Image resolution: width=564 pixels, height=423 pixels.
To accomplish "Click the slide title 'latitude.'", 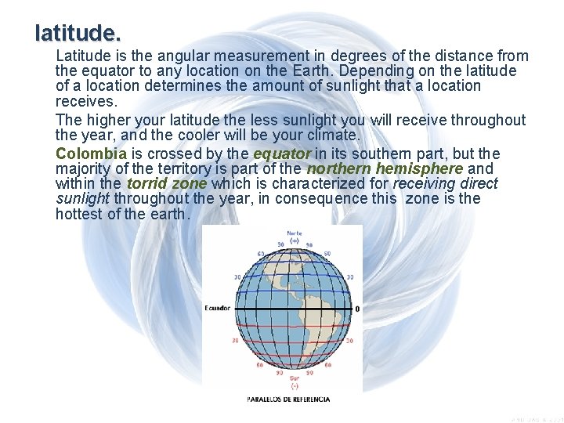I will pyautogui.click(x=78, y=34).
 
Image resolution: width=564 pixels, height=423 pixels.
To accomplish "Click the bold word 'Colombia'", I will pyautogui.click(x=91, y=154).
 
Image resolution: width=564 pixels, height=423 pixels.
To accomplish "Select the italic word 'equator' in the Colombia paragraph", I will pyautogui.click(x=282, y=154).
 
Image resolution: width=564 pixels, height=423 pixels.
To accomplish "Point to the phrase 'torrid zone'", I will pyautogui.click(x=166, y=183).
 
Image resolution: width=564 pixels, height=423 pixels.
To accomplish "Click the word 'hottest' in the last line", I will pyautogui.click(x=78, y=214).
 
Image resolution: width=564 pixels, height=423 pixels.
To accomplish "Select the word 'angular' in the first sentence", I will pyautogui.click(x=185, y=56).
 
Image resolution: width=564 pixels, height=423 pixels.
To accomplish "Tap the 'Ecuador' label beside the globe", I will pyautogui.click(x=218, y=309).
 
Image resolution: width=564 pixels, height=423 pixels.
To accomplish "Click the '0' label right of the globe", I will pyautogui.click(x=357, y=309).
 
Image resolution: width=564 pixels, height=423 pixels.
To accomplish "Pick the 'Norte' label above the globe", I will pyautogui.click(x=294, y=233).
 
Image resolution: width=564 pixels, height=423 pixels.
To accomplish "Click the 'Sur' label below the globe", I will pyautogui.click(x=294, y=378).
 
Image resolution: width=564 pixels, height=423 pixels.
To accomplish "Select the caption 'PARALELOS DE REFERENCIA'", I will pyautogui.click(x=288, y=399).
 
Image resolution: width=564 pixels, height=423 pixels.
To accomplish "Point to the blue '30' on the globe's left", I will pyautogui.click(x=237, y=277).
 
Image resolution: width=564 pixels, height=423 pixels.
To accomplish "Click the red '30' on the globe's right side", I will pyautogui.click(x=349, y=341).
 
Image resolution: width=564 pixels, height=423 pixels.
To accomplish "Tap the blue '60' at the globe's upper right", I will pyautogui.click(x=327, y=254).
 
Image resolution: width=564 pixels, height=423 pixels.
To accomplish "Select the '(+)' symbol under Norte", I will pyautogui.click(x=294, y=241).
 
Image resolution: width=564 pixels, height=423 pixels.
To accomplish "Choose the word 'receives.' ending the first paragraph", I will pyautogui.click(x=85, y=102).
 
